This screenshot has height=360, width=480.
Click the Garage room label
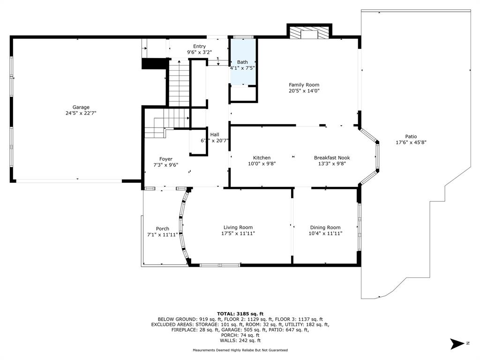[81, 107]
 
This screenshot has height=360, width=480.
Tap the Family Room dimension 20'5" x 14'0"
[304, 90]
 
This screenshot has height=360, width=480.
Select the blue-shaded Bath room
[243, 62]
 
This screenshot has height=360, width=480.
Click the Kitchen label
[262, 157]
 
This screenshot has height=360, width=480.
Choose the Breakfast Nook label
[332, 157]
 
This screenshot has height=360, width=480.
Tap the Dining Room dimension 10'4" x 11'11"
[325, 233]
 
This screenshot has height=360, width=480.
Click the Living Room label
[238, 227]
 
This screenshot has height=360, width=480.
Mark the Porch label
[163, 229]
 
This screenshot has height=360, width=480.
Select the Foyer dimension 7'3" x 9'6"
[165, 165]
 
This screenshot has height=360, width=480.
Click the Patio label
[411, 136]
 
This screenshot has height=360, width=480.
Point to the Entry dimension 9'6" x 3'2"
[199, 52]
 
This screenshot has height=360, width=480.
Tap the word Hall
[215, 135]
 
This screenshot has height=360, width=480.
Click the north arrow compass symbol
[457, 344]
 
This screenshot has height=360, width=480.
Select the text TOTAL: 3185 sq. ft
[240, 314]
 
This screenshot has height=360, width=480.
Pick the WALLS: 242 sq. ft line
[240, 340]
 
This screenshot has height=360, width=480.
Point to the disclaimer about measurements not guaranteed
[240, 350]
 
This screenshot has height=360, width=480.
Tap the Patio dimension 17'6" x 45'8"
[411, 142]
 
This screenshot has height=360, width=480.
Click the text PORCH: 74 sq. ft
[240, 335]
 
